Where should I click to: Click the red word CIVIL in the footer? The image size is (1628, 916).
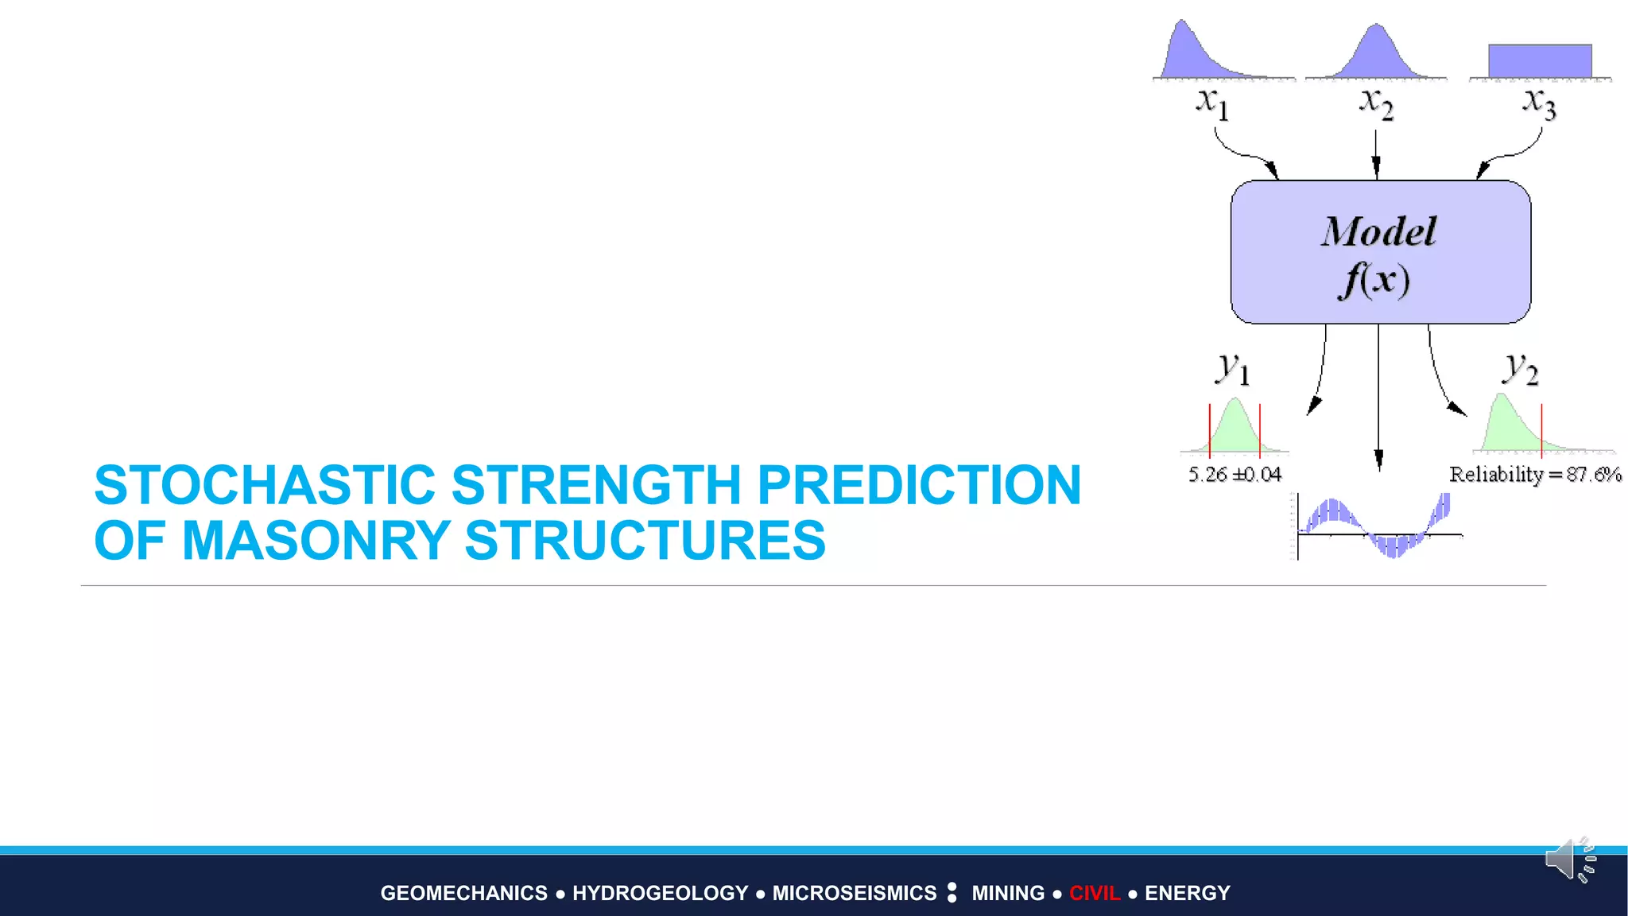1095,893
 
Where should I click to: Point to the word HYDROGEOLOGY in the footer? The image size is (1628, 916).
660,893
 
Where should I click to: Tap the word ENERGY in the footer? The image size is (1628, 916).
1187,893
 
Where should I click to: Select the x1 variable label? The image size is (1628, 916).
1212,103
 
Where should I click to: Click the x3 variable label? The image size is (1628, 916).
1539,103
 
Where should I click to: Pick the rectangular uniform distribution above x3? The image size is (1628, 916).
1540,61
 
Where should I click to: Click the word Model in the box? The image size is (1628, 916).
1379,232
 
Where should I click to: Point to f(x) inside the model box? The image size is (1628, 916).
1376,281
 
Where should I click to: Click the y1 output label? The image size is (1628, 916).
1233,369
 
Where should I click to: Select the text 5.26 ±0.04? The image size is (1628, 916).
1235,475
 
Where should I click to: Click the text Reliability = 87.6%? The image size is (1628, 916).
1534,475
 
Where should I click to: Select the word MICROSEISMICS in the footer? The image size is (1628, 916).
855,893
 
